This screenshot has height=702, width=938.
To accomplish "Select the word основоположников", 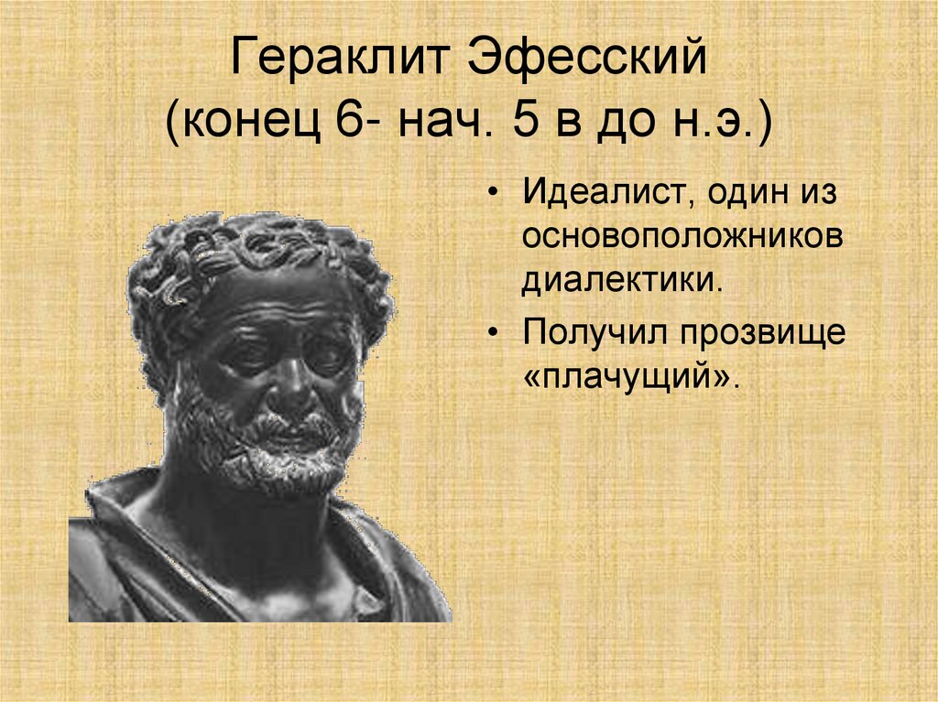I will (682, 236).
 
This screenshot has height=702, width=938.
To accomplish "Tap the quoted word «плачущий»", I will (631, 376).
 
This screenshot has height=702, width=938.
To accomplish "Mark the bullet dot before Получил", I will (495, 335).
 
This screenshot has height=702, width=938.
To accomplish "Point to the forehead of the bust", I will (275, 302).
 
